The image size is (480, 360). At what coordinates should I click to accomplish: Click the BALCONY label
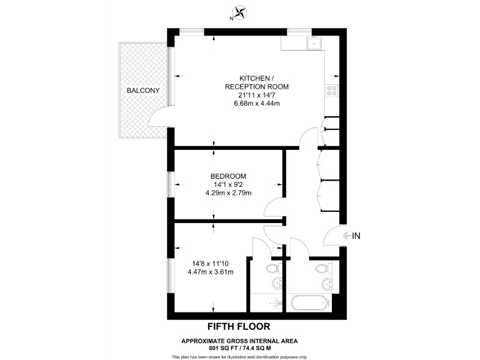tap(143, 91)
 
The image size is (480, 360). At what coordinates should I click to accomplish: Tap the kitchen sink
tap(312, 43)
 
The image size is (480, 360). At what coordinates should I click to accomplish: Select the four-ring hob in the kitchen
tap(331, 91)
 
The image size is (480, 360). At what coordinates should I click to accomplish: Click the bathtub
tap(309, 304)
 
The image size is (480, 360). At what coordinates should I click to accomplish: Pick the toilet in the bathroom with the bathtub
tap(322, 269)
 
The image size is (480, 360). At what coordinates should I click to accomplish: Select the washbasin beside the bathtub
tap(327, 285)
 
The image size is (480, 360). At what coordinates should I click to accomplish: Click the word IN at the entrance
tap(357, 236)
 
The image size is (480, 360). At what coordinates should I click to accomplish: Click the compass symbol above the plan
tap(239, 11)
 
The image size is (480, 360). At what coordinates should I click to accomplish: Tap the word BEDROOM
tap(228, 176)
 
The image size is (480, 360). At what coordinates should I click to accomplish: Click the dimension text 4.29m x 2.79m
tap(228, 193)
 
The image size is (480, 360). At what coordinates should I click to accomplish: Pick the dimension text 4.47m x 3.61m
tap(210, 272)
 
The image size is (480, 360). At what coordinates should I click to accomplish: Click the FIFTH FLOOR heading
tap(239, 326)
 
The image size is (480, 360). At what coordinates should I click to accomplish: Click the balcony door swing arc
tap(160, 117)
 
